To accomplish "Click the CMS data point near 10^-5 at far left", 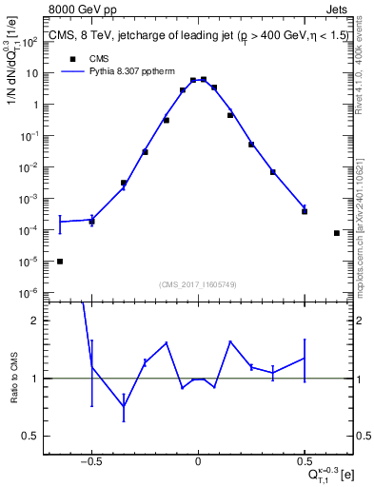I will pyautogui.click(x=60, y=262).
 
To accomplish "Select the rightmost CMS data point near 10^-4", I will pyautogui.click(x=337, y=233).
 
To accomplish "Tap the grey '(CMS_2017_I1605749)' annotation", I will pyautogui.click(x=198, y=284).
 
